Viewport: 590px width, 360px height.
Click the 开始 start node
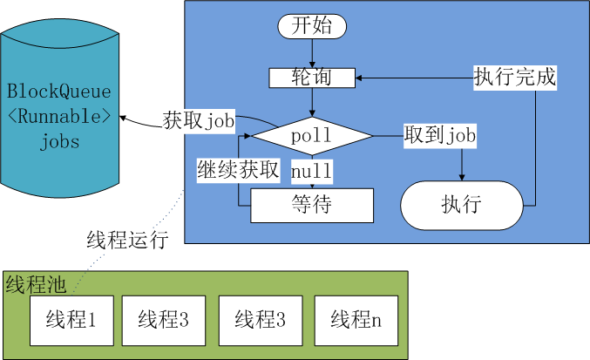312,26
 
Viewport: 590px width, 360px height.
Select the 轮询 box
312,78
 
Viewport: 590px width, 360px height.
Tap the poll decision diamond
312,136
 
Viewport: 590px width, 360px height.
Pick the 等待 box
312,206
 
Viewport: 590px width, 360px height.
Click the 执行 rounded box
461,206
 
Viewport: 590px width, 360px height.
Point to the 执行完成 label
514,77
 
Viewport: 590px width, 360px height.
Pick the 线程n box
356,319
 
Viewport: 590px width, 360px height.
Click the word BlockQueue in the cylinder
60,90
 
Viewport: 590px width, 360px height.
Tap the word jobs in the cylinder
60,141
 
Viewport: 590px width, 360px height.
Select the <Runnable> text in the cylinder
60,115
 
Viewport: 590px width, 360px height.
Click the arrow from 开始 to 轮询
312,53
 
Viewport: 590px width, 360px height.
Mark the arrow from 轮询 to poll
312,102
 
